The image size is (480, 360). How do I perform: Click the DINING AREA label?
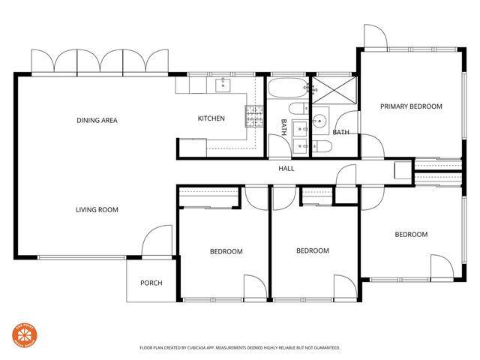(x=97, y=120)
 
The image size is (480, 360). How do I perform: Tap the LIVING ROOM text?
(x=97, y=210)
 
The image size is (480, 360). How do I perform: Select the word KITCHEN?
(x=211, y=118)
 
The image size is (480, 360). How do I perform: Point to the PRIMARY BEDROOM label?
(x=411, y=106)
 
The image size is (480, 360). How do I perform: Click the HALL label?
(x=286, y=169)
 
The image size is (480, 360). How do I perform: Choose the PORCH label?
(x=151, y=283)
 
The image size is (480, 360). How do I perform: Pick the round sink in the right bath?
(x=320, y=118)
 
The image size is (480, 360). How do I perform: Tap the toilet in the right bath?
(x=321, y=146)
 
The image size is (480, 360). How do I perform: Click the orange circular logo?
(x=25, y=334)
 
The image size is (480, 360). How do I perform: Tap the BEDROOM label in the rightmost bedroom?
(x=411, y=235)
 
